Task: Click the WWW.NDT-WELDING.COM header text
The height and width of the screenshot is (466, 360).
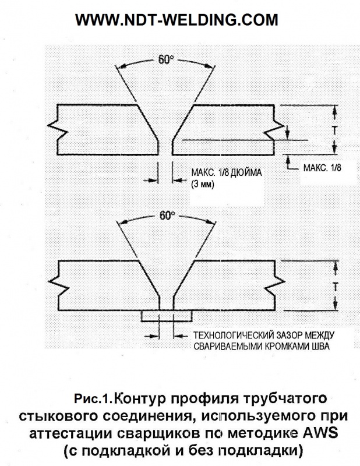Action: point(177,20)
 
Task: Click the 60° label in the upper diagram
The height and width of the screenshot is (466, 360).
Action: point(165,59)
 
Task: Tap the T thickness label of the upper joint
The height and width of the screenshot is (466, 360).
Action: point(335,130)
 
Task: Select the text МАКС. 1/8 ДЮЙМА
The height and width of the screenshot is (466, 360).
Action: point(227,172)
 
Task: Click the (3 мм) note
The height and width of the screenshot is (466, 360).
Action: point(203,184)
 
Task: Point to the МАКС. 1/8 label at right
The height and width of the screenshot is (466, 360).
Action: point(322,168)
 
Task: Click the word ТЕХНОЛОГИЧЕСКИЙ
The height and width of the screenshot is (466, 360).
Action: point(233,336)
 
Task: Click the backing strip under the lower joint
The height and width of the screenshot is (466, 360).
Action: point(167,316)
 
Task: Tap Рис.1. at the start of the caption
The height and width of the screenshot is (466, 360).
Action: point(93,398)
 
